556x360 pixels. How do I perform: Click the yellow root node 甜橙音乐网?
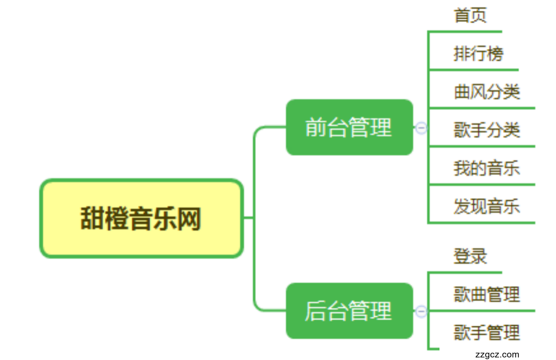(141, 218)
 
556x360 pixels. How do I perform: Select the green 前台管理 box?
(349, 127)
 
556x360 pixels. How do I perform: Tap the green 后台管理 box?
(349, 311)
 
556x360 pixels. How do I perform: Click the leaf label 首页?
(470, 16)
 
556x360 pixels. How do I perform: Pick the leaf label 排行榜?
(478, 54)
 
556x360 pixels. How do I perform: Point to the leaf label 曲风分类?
(487, 92)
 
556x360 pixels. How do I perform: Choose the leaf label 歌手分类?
(487, 130)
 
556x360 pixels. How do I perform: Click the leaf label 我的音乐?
(487, 168)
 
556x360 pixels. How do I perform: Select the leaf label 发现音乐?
(487, 206)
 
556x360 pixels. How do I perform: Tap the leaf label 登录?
(470, 257)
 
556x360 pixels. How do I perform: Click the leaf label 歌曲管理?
(487, 295)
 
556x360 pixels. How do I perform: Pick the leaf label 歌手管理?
(487, 333)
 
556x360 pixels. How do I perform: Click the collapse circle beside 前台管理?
(421, 128)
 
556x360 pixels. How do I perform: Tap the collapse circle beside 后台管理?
(421, 311)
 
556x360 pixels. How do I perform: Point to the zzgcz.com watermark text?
(497, 355)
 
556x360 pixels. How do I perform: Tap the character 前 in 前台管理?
(316, 128)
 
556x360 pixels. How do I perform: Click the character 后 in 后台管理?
(316, 311)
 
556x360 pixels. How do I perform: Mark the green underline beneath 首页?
(465, 31)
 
